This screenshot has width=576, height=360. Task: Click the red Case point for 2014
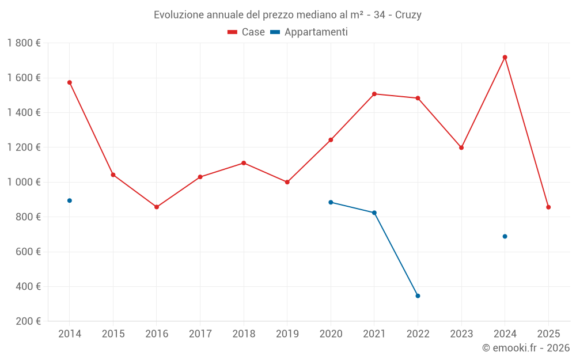70,82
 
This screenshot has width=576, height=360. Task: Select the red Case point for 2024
505,57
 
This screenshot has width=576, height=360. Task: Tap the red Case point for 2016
157,207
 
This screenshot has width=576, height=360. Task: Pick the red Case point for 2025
548,207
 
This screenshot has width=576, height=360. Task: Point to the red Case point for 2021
374,94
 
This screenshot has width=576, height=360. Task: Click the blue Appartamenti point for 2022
418,296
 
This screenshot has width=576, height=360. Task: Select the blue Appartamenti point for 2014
70,200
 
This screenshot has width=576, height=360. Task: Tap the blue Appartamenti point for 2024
505,236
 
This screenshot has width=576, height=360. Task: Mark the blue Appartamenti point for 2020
331,202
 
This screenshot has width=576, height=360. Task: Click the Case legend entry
247,32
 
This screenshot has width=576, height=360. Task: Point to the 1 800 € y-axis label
24,43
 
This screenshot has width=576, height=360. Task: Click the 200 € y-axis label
28,321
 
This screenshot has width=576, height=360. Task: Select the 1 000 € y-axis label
24,182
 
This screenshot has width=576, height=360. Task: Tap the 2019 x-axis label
287,334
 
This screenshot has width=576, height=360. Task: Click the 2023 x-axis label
461,334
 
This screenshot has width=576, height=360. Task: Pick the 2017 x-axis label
200,334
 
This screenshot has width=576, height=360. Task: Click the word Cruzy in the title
408,15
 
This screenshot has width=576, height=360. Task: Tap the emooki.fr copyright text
525,348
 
